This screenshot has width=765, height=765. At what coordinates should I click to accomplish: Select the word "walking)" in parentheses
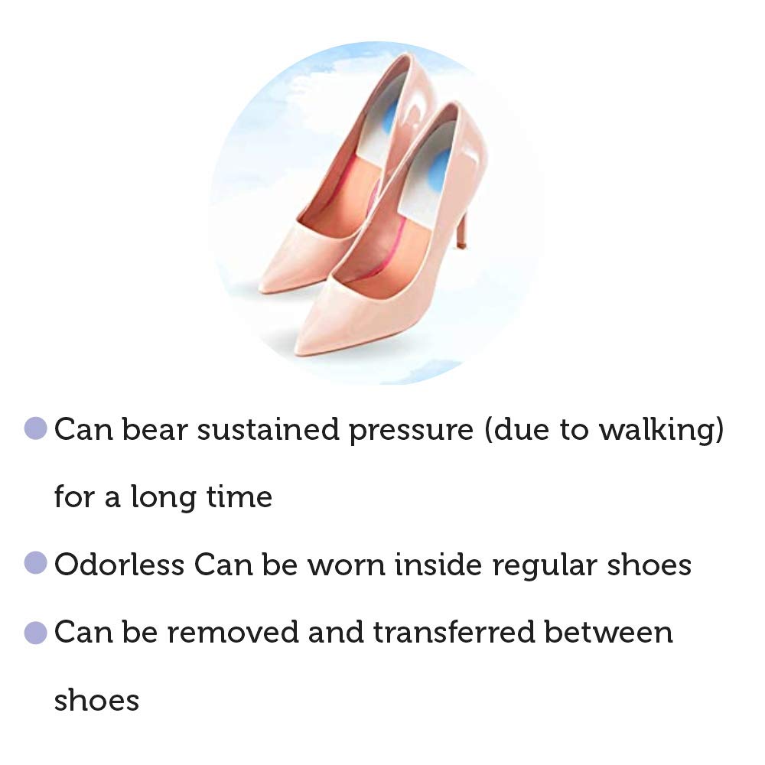pos(662,430)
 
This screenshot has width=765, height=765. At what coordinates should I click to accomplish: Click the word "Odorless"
pos(119,565)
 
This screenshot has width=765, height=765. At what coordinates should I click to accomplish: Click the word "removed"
pos(233,633)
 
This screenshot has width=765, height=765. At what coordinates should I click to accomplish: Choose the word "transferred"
pos(454,633)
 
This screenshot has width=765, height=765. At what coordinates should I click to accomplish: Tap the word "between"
pos(608,633)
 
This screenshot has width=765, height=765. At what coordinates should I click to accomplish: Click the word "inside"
pos(438,565)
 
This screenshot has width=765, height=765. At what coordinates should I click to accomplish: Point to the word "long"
pos(163,499)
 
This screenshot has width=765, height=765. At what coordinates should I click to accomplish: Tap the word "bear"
pos(155,429)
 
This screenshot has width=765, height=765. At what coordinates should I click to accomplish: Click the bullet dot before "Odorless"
pos(36,564)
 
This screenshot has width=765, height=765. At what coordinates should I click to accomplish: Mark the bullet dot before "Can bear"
pos(36,428)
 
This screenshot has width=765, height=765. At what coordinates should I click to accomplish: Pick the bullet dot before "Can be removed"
pos(36,633)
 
